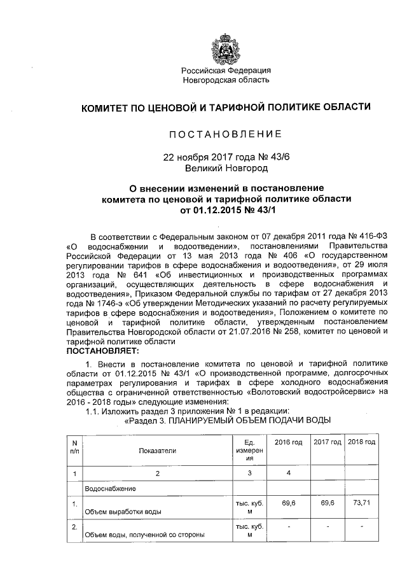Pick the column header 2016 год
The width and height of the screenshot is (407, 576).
288,442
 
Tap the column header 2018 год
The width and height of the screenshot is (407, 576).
361,442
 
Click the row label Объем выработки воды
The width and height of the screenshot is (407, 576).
123,511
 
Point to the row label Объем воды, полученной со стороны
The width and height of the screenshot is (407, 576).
145,535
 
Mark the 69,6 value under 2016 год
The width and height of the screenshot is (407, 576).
289,502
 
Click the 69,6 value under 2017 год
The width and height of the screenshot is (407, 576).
327,502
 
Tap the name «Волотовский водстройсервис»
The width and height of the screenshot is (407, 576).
312,393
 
